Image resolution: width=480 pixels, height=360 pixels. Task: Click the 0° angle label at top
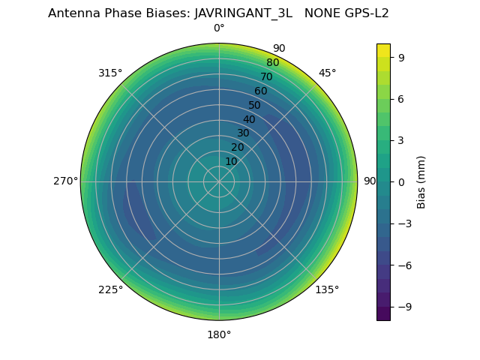tap(219, 28)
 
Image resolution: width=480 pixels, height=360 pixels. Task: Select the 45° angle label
tap(327, 73)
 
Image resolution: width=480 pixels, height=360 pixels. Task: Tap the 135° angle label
tap(327, 289)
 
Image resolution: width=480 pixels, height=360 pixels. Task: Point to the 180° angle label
tap(219, 334)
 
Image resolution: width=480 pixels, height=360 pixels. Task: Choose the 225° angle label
tap(110, 289)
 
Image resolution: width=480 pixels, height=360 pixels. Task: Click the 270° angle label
tap(65, 181)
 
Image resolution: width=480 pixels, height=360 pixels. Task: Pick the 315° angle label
tap(110, 73)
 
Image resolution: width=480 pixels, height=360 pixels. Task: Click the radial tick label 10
tap(231, 161)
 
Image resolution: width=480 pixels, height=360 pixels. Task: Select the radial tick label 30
tap(243, 133)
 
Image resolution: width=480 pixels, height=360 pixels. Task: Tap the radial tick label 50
tap(255, 105)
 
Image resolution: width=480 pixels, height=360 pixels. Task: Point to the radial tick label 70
tap(266, 76)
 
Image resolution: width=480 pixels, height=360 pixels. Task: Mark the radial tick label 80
tap(272, 63)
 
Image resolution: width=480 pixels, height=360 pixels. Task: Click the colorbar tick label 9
tap(401, 57)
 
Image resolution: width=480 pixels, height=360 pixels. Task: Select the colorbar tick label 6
tap(401, 98)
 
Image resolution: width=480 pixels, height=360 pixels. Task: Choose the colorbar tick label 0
tap(401, 181)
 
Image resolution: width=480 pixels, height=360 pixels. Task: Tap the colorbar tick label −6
tap(404, 265)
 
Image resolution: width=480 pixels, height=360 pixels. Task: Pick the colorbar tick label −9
tap(404, 307)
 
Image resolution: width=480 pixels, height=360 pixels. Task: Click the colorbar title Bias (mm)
tap(421, 181)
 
